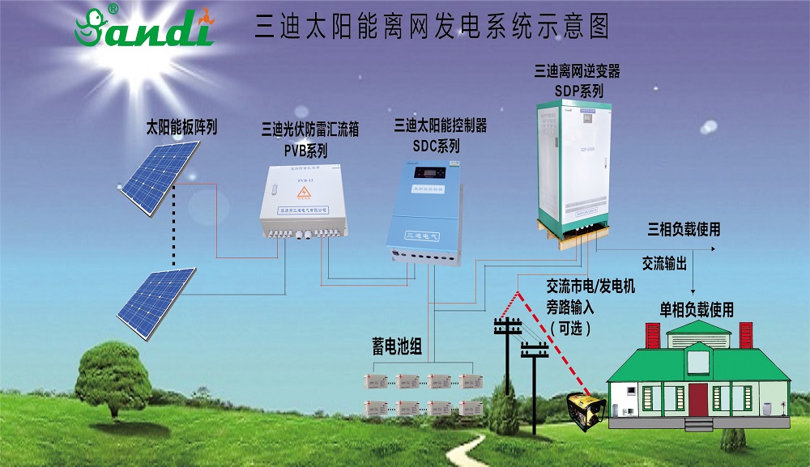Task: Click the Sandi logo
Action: (x=143, y=27)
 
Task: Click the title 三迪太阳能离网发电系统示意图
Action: (x=432, y=26)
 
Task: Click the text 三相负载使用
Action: (x=684, y=230)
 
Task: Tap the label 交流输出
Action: (x=665, y=264)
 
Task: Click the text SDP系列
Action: (x=578, y=91)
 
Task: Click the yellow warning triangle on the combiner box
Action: (x=305, y=192)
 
